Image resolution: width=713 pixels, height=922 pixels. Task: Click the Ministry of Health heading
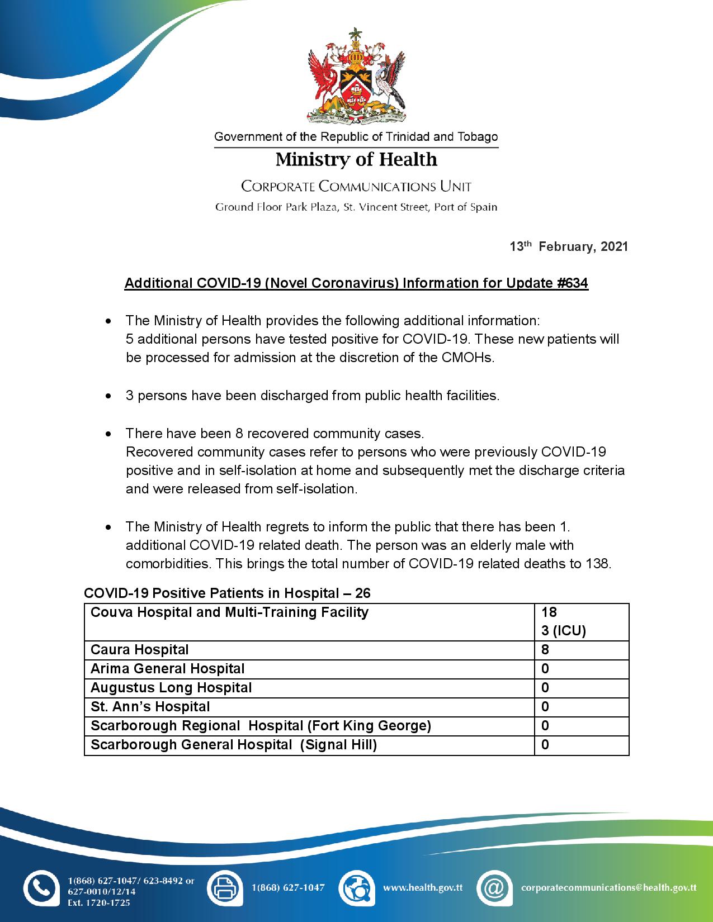[356, 160]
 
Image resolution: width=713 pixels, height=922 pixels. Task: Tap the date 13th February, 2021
[569, 246]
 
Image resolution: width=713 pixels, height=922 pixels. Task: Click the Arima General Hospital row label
[167, 669]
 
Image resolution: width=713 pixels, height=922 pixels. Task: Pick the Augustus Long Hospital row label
[171, 688]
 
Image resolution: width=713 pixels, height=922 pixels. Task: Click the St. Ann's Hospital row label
[150, 707]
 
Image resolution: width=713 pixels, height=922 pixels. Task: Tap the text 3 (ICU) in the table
[563, 631]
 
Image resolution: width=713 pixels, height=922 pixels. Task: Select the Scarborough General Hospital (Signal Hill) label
[234, 745]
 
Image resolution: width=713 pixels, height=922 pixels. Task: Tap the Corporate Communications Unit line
[356, 187]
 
